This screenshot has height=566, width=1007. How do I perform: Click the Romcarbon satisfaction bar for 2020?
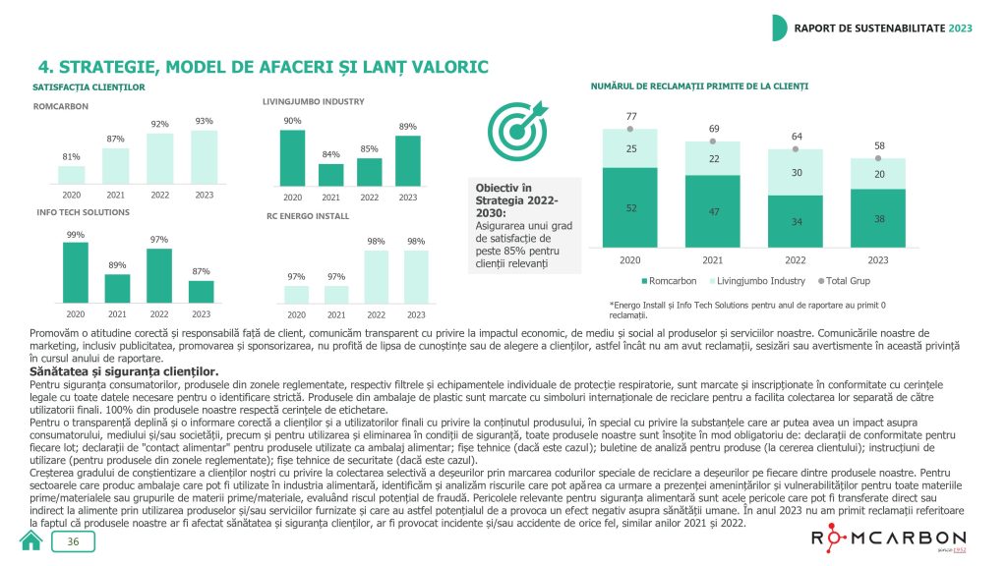(71, 175)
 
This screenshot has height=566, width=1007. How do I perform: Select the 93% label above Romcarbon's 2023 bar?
(204, 121)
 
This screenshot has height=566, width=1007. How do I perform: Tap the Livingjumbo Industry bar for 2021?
(331, 174)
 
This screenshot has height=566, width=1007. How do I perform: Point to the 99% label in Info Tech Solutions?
(75, 234)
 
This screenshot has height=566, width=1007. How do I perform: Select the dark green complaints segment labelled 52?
(630, 206)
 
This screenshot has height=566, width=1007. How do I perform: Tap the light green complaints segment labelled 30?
(795, 173)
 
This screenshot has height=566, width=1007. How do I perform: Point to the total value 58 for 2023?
(878, 144)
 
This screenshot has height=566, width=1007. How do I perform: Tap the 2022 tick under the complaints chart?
(795, 260)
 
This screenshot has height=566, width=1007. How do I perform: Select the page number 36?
(74, 542)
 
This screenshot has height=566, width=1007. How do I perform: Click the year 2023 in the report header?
(960, 27)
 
